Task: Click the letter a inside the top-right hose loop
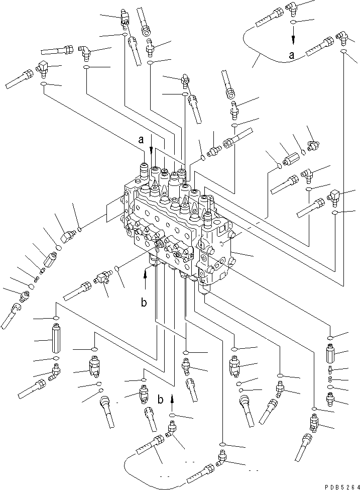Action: (292, 56)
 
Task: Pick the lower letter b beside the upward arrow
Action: (161, 400)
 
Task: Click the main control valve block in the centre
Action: (176, 226)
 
